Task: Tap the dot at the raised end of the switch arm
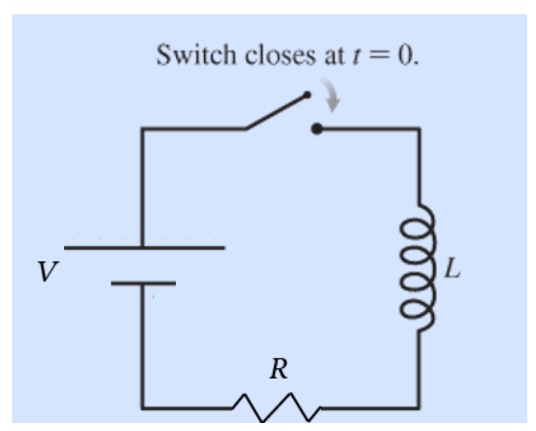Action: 306,94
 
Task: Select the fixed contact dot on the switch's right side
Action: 316,130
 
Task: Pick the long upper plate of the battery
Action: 144,247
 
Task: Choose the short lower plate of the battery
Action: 143,283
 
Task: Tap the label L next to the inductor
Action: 452,268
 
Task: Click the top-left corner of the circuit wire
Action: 143,130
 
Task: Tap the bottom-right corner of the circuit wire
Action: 418,408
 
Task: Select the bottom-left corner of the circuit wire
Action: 143,408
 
